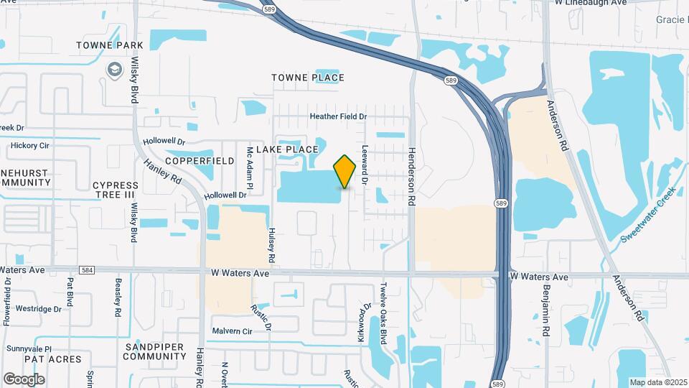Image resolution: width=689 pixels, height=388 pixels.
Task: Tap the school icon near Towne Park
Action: (114, 69)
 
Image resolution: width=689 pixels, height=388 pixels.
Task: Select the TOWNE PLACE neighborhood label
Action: (308, 78)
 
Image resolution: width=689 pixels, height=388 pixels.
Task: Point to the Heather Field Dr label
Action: (338, 116)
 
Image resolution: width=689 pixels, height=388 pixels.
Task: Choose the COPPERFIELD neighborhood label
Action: (200, 161)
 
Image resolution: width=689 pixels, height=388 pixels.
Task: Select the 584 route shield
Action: (87, 270)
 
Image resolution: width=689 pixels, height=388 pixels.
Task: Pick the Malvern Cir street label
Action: (232, 331)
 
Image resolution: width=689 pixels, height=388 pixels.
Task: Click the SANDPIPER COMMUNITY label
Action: (155, 351)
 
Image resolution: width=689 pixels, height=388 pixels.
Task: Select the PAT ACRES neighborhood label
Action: (46, 358)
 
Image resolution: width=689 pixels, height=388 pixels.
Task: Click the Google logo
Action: (24, 379)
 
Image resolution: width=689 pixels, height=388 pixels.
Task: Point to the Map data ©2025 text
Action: (658, 382)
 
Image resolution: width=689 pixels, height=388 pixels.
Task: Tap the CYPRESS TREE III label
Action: (115, 190)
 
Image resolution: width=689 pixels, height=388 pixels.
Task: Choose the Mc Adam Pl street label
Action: (250, 164)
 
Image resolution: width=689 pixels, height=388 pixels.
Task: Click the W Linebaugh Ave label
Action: (591, 3)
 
